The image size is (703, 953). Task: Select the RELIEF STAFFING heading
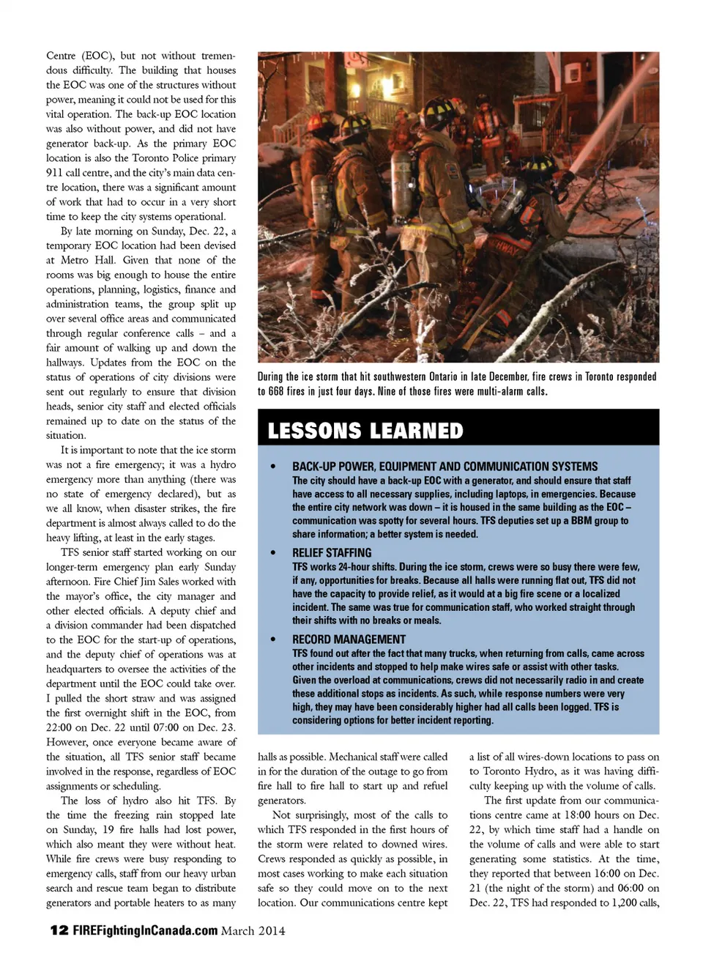332,552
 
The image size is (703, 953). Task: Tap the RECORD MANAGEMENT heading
349,639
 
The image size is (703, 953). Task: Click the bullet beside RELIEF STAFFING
273,553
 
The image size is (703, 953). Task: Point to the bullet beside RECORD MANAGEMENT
273,639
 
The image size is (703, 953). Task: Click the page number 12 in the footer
59,930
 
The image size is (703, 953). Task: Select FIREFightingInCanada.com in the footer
145,930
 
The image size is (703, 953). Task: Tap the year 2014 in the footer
271,930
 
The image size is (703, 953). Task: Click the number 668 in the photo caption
276,391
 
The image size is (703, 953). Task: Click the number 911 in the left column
56,173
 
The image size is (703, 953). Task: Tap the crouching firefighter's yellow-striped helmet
540,165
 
